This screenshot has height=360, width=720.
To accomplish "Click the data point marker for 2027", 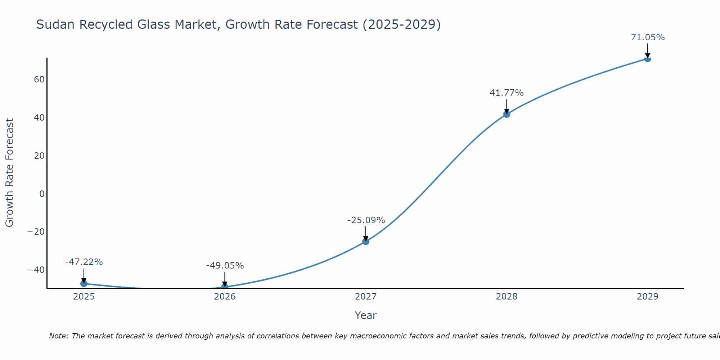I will point(366,241).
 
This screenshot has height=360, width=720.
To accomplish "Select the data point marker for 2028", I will point(507,114).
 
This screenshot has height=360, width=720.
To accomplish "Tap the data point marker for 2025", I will point(84,283).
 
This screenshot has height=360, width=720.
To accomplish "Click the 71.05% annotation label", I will point(648,37).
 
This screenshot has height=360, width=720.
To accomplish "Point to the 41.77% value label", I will point(507,93).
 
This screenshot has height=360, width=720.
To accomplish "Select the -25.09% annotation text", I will point(366,220).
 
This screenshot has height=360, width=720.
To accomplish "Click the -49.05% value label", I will point(225,266).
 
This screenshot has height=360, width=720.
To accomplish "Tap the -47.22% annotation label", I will point(84,262).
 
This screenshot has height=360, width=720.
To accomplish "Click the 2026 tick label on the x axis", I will point(225,297).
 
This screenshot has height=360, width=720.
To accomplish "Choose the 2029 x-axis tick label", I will point(647,297).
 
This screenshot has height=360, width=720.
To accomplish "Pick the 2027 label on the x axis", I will point(366,297).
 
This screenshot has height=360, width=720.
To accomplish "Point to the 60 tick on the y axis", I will point(39,80).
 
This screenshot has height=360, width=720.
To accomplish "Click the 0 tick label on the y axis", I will point(42,194).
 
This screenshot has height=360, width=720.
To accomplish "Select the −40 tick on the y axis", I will point(36,270).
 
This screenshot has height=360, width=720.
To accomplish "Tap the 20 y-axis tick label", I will point(39,156).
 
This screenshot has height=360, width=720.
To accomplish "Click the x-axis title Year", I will point(365,315).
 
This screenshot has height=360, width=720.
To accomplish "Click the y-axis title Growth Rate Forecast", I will point(10,173).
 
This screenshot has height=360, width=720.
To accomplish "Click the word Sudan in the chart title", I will point(55,24).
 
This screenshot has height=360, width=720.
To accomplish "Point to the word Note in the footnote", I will point(58,336).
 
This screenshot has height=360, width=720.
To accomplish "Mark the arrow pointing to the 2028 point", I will point(507,106).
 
